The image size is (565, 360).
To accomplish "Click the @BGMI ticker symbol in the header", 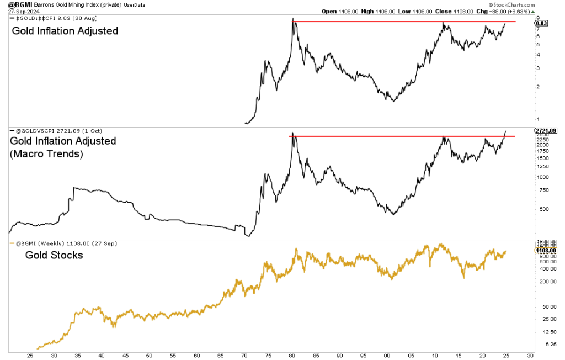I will [x=14, y=4].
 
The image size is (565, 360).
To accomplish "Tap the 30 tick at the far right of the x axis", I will [x=530, y=356].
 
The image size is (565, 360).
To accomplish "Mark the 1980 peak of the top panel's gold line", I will [x=292, y=19].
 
